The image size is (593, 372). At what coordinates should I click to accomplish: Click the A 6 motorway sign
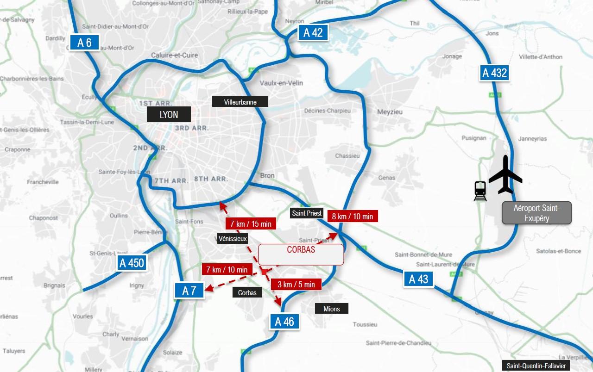85,43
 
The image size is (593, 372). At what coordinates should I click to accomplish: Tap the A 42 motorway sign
313,33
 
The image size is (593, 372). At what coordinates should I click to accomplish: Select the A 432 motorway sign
494,73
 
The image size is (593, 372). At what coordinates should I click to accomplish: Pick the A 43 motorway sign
418,279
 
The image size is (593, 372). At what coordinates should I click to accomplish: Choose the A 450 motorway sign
132,263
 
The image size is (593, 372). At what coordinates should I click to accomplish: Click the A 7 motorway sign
189,291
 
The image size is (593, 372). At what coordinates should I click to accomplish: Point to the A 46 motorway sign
284,322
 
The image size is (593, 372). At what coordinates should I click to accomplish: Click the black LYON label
169,115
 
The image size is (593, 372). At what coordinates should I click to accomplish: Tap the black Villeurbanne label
240,102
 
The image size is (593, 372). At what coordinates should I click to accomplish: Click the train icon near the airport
480,191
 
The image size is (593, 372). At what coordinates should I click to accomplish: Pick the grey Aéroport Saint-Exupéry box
537,213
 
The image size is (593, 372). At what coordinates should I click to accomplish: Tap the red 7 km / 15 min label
251,224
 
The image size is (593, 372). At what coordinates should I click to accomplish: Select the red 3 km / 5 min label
296,284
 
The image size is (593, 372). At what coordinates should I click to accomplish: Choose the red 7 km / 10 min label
227,269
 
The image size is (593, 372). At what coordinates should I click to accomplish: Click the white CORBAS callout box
301,254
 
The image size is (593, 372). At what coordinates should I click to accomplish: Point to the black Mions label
331,309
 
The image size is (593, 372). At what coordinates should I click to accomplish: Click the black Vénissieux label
233,239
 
